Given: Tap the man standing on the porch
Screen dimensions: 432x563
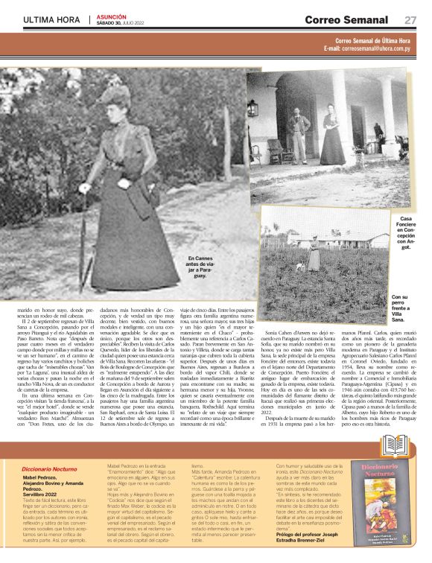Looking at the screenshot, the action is click(x=297, y=130).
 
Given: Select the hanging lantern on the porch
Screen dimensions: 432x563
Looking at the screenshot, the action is click(x=253, y=107).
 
